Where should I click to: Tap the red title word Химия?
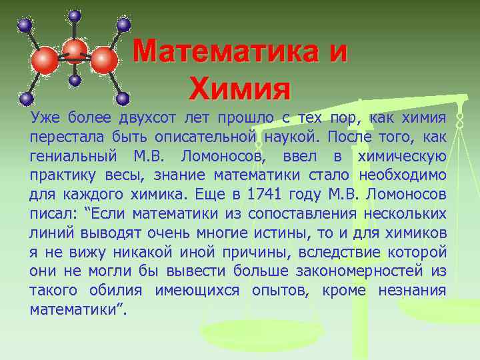click(240, 87)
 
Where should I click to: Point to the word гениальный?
click(72, 157)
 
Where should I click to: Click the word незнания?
click(411, 291)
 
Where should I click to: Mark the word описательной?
click(206, 137)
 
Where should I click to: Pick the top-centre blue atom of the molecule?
click(75, 15)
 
